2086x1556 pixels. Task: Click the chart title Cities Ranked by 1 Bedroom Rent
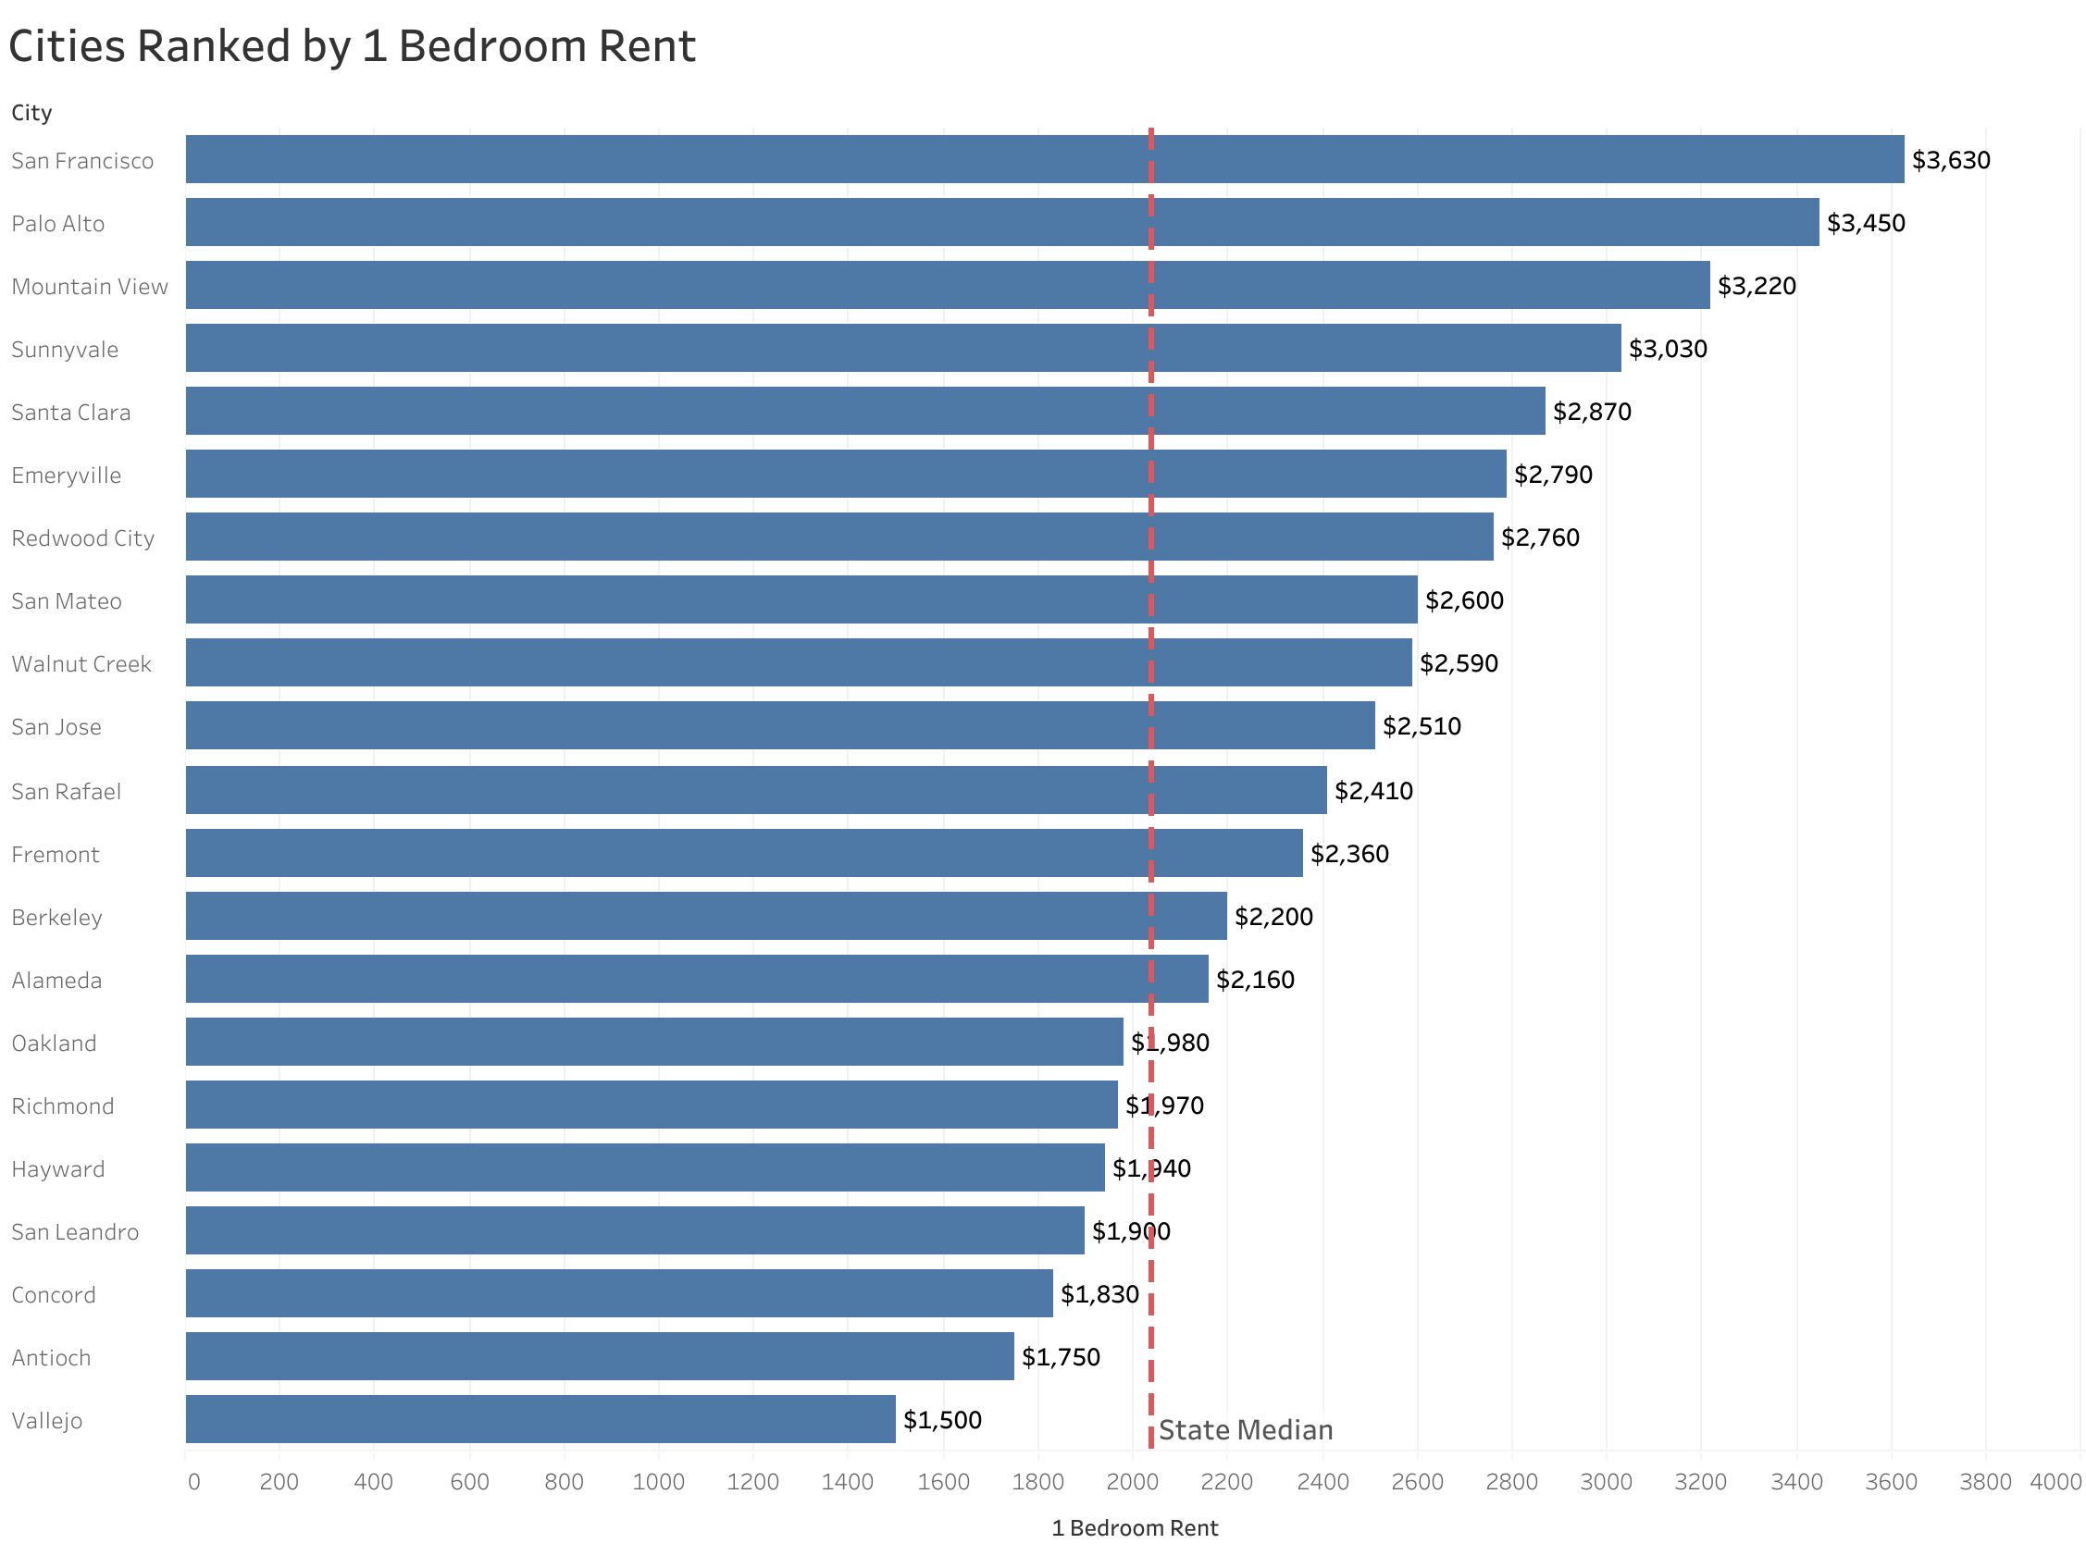[352, 46]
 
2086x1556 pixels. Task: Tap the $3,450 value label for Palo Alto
[1865, 223]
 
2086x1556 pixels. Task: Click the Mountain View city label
[90, 287]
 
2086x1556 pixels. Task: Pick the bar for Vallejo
[540, 1418]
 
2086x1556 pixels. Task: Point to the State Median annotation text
[1245, 1430]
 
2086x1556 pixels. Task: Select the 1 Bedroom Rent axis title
[1134, 1527]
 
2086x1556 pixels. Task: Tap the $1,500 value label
[941, 1419]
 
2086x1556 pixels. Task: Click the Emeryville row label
[66, 475]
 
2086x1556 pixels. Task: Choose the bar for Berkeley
[706, 916]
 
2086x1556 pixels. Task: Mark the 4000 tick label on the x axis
[2054, 1482]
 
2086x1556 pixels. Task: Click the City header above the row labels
[31, 113]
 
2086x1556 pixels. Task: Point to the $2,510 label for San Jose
[1421, 726]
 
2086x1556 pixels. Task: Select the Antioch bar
[599, 1355]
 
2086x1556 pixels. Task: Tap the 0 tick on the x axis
[193, 1482]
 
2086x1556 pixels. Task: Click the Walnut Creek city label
[81, 664]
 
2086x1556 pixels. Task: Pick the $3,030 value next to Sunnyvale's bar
[1667, 350]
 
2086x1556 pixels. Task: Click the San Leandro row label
[74, 1232]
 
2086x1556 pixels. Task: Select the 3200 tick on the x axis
[1700, 1482]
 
